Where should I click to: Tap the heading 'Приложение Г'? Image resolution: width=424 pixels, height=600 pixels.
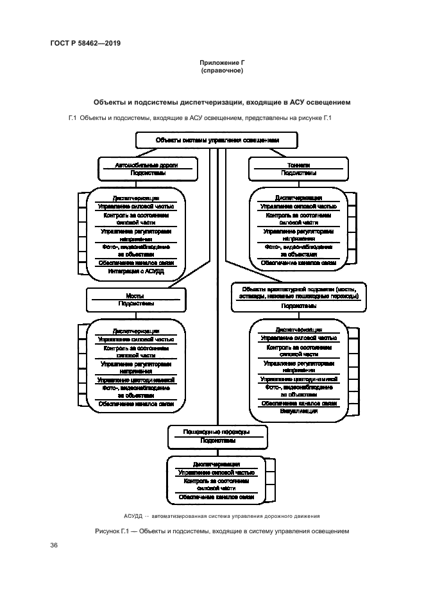[x=221, y=62]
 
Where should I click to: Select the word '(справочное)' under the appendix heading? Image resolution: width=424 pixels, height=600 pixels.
[x=221, y=71]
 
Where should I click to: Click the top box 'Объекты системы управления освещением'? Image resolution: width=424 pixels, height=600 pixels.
[x=217, y=140]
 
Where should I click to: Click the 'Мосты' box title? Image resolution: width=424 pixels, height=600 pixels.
[x=135, y=296]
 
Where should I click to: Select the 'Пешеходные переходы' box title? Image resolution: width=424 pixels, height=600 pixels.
[x=217, y=432]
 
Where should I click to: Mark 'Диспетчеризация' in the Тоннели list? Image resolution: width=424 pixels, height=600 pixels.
[x=298, y=198]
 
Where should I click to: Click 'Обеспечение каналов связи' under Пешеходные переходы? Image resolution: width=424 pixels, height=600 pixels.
[x=217, y=497]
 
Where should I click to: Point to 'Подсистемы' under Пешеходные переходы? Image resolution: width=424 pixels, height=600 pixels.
[x=217, y=441]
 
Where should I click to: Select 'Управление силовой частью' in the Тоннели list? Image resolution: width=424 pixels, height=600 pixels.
[x=298, y=207]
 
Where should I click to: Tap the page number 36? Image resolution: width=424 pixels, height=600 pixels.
[x=54, y=545]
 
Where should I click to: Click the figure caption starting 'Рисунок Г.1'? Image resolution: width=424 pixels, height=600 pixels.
[x=221, y=531]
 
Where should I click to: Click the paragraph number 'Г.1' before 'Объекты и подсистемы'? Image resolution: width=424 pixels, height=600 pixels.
[x=72, y=118]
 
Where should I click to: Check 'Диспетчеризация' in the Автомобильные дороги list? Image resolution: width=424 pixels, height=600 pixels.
[x=135, y=198]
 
